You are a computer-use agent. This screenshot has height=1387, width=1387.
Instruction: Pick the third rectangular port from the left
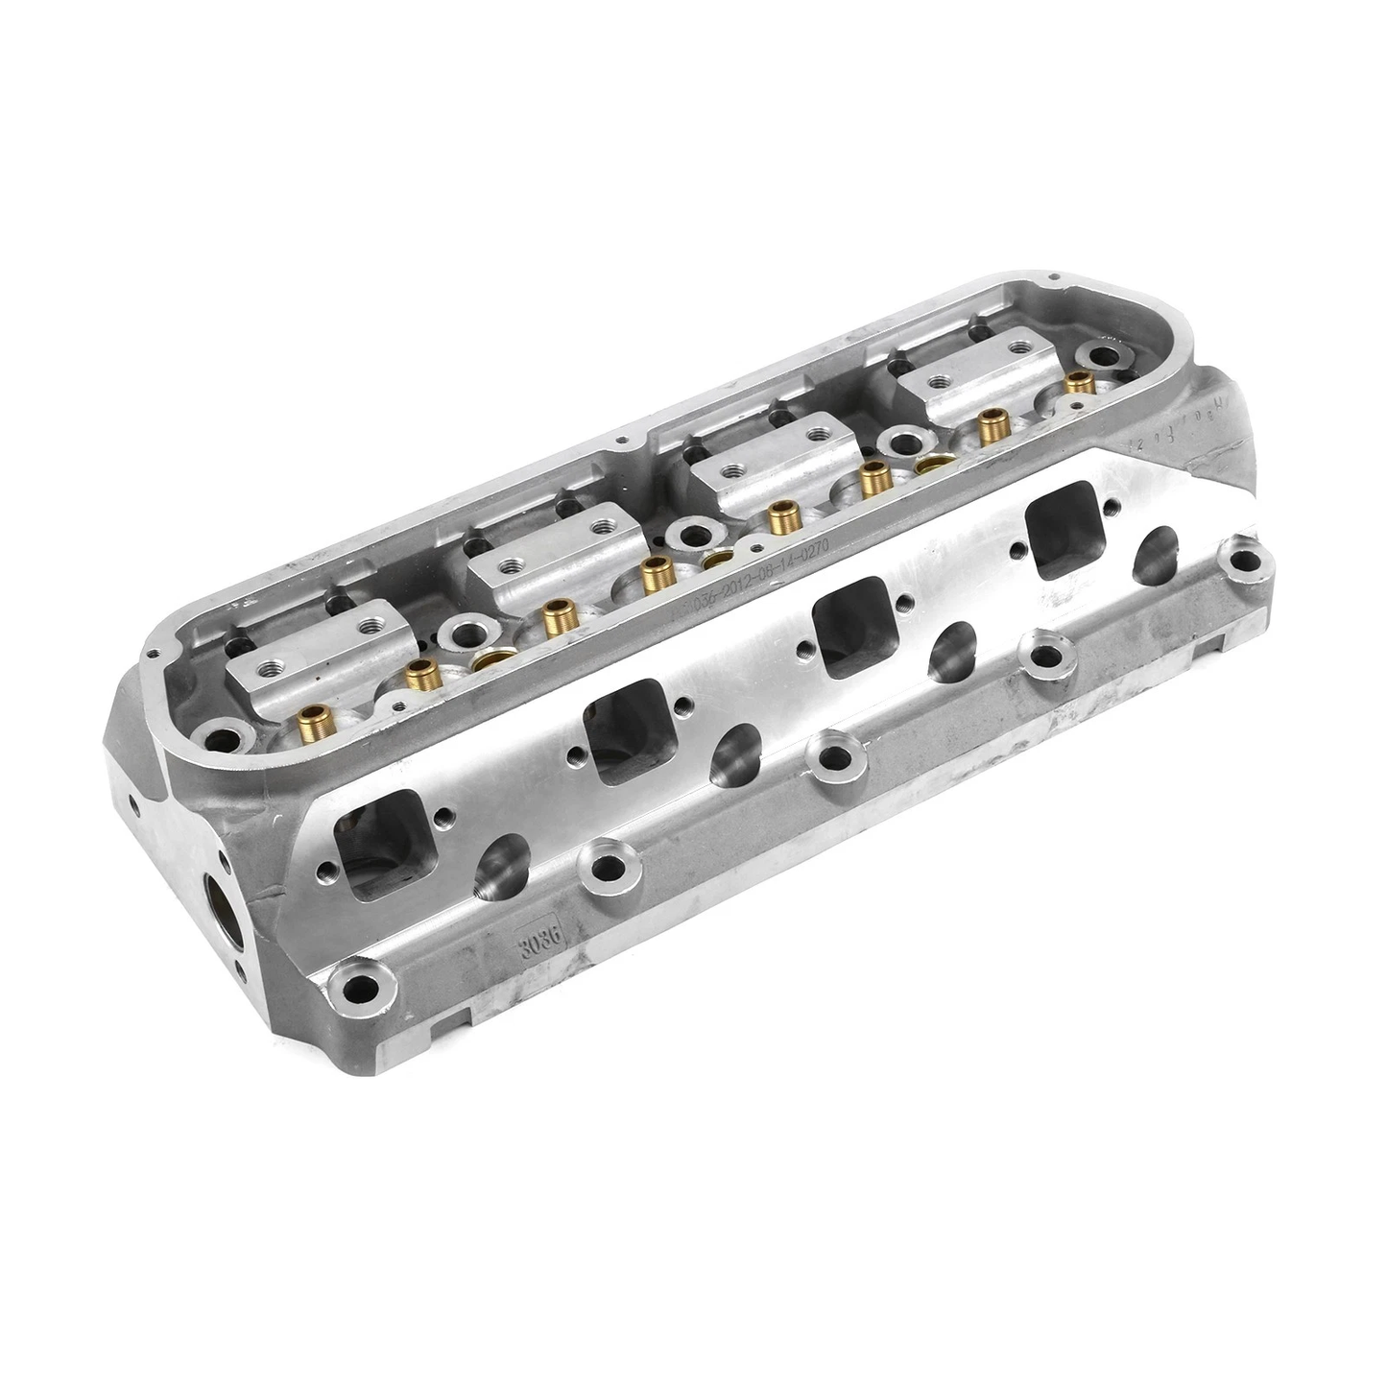[852, 621]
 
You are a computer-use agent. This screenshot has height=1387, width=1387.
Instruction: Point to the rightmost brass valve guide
[1080, 381]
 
